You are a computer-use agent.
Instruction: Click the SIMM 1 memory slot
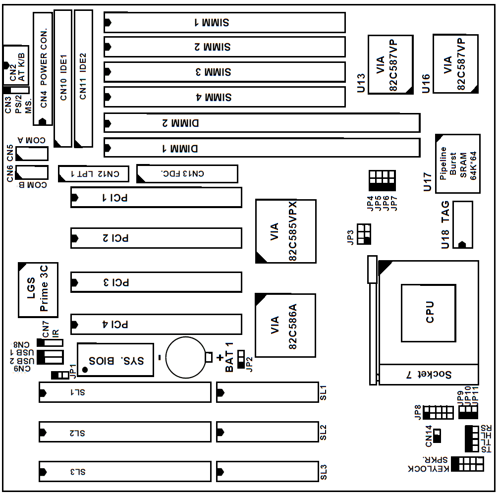tap(224, 22)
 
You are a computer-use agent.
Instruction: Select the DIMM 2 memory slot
tap(262, 122)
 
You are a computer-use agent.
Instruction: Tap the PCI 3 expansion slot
tap(156, 282)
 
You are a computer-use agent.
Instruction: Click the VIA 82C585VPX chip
tap(286, 231)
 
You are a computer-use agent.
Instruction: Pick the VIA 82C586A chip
tap(285, 326)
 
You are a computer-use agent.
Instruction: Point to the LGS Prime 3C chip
tap(38, 290)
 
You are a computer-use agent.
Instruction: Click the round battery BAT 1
tap(185, 357)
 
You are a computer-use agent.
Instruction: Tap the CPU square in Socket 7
tap(428, 313)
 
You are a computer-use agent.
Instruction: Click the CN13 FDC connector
tap(187, 173)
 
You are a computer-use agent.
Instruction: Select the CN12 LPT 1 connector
tap(93, 173)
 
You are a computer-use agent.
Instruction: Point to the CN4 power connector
tap(43, 68)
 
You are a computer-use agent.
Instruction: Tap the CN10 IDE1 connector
tap(62, 78)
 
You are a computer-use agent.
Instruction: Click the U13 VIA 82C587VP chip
tap(390, 64)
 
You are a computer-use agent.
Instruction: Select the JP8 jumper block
tap(439, 412)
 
